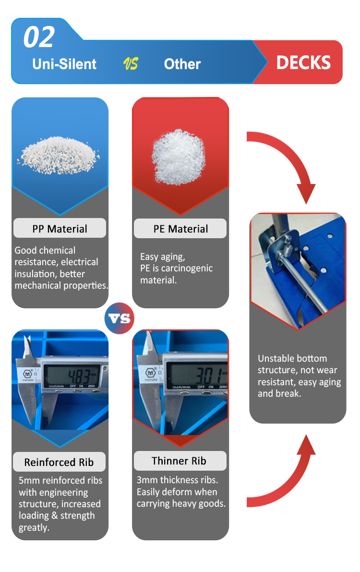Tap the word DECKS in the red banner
click(303, 63)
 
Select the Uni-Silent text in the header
click(64, 64)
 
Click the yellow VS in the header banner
click(131, 64)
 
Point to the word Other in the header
click(182, 64)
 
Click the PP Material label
click(60, 229)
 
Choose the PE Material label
click(180, 229)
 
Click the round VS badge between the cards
click(120, 318)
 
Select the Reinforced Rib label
click(59, 462)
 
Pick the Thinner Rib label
click(179, 461)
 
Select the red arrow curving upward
click(288, 475)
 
